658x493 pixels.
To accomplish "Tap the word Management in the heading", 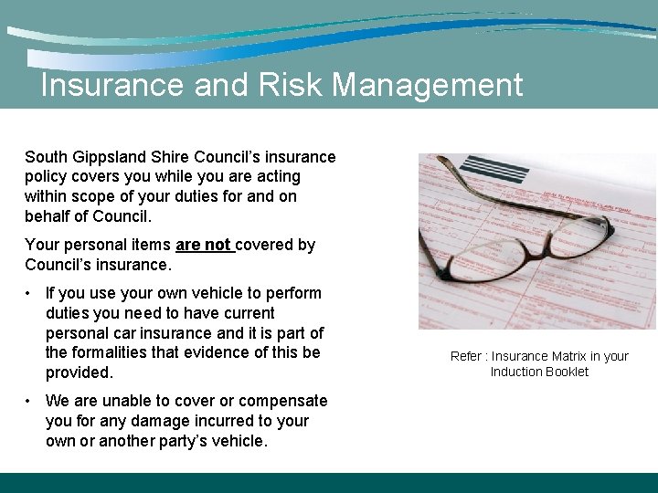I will coord(428,85).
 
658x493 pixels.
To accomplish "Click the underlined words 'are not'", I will coord(203,245).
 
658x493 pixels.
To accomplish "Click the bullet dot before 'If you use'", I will coord(30,294).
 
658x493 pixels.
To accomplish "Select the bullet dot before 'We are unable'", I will coord(30,401).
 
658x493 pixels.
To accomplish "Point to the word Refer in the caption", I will coord(466,356).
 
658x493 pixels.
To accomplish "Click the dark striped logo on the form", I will coord(494,168).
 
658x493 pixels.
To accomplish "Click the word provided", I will coord(80,372).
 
